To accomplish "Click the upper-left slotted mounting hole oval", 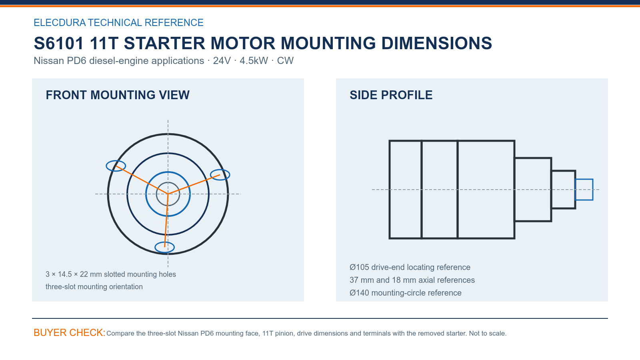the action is pos(106,166).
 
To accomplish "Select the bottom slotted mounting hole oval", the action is pos(156,248).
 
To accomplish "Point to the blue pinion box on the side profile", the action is pos(584,180).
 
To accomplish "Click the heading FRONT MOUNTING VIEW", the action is pos(118,95).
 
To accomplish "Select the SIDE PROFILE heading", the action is pos(391,95).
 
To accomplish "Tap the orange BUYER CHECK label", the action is pos(70,332).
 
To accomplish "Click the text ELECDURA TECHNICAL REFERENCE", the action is pos(118,22).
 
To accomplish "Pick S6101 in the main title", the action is pos(59,43).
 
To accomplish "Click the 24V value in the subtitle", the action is pos(222,60).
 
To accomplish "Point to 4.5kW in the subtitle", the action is pos(254,60).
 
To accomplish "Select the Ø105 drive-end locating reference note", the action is pos(410,267).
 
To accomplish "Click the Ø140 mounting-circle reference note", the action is pos(406,293).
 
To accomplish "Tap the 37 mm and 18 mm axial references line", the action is pos(412,280).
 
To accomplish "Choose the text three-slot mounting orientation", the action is pos(94,286).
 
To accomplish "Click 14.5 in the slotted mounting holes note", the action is pos(64,274).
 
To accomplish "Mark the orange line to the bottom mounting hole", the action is pos(166,220).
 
